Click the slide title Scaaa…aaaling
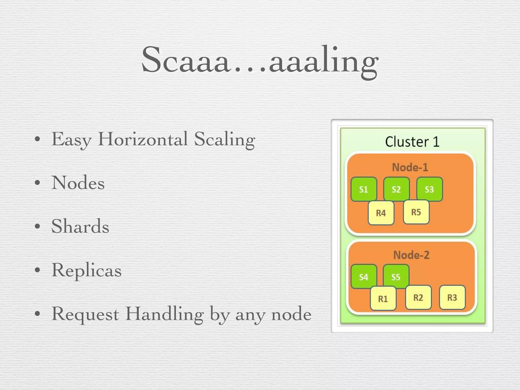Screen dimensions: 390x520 tap(260, 61)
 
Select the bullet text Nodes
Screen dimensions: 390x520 tap(78, 183)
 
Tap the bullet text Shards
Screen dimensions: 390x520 tap(80, 226)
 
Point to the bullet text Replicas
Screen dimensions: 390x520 tap(87, 270)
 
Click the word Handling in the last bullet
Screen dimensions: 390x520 tap(165, 314)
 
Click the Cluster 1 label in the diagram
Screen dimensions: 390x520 tap(412, 142)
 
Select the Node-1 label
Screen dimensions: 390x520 tap(410, 167)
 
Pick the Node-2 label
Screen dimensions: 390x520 tap(411, 255)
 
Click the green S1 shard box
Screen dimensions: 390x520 tap(364, 189)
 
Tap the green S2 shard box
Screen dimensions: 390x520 tap(396, 189)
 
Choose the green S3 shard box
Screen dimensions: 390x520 tap(429, 189)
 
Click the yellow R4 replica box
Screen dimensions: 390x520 tap(381, 213)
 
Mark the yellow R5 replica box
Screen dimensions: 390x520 tap(416, 212)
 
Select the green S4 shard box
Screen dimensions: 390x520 tap(364, 277)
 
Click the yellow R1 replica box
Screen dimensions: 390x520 tap(383, 299)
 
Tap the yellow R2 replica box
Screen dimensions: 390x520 tap(418, 297)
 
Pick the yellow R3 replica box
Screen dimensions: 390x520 tap(452, 297)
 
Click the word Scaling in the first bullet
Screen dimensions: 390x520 tap(224, 139)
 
